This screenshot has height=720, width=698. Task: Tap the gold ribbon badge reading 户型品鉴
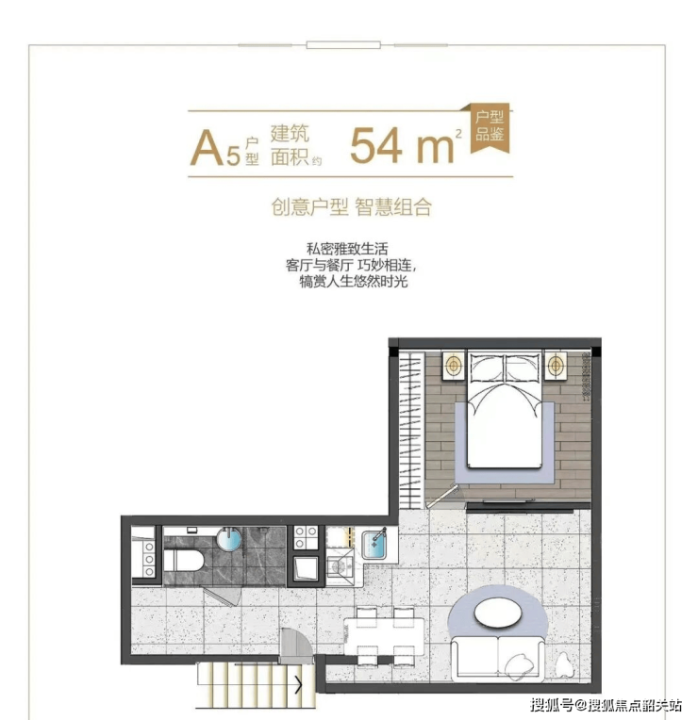[490, 126]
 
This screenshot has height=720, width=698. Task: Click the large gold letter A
[208, 148]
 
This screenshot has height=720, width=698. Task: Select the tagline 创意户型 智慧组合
[352, 207]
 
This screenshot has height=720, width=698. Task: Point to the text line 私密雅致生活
[347, 249]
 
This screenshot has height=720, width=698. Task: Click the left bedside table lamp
[454, 366]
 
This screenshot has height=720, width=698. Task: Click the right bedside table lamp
[556, 366]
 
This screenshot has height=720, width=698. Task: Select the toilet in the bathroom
[184, 560]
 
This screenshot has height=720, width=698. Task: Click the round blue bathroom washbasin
[229, 539]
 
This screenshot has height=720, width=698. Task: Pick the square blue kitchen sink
[375, 544]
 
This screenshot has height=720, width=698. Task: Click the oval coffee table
[498, 613]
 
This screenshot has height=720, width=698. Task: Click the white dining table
[384, 636]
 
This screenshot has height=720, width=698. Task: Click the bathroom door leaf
[224, 597]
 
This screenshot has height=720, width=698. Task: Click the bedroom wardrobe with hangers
[411, 429]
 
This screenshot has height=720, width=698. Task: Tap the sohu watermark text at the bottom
[607, 704]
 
